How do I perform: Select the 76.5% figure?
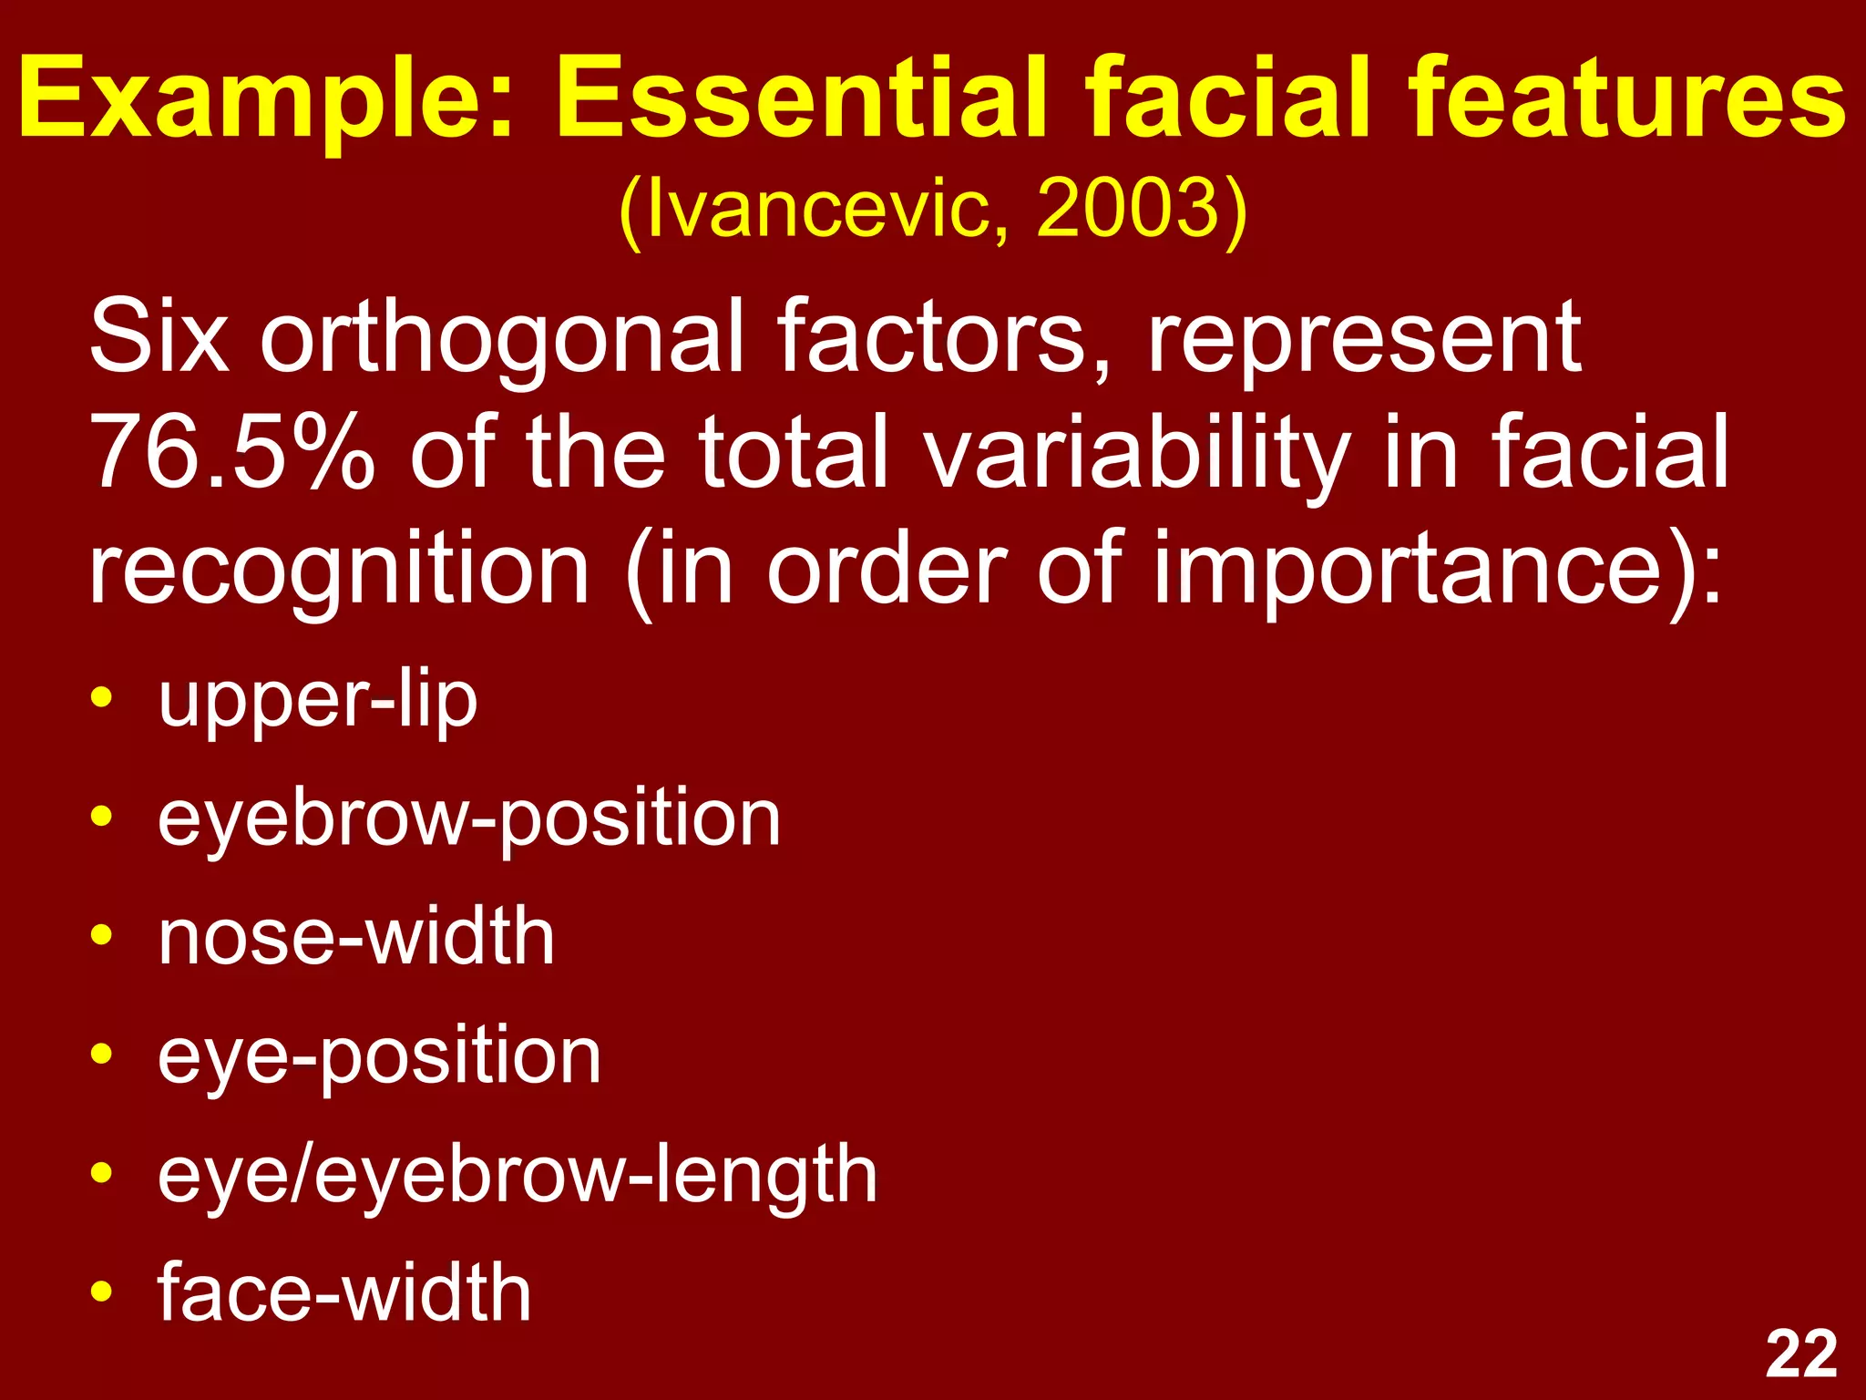pos(231,452)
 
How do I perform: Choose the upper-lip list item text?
pos(317,702)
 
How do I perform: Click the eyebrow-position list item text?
pos(468,820)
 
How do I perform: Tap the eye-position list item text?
pos(379,1057)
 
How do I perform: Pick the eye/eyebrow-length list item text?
pos(517,1176)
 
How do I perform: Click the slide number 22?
pos(1800,1354)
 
